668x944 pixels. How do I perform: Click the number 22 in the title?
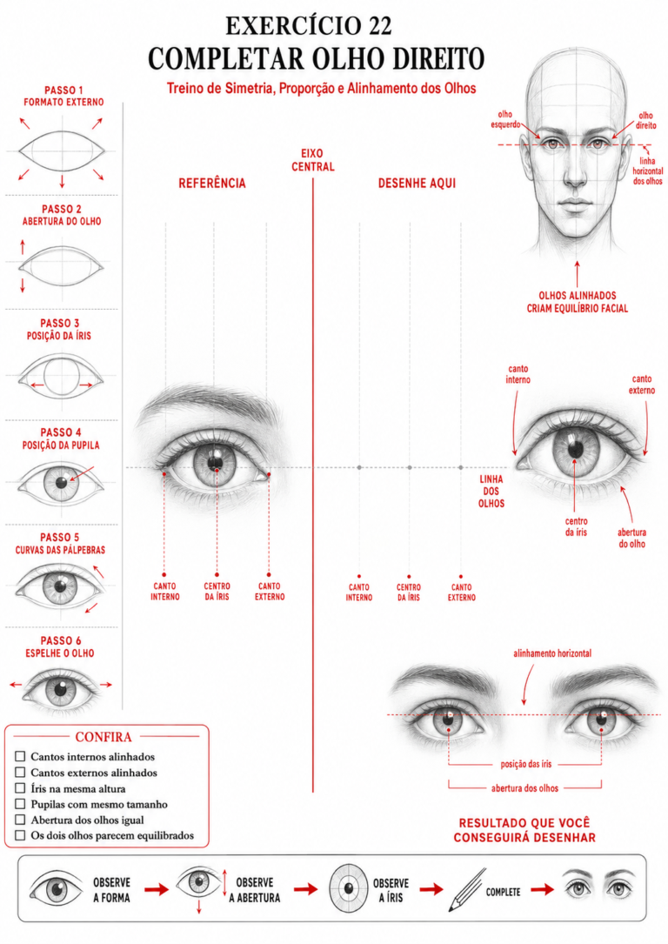(x=374, y=26)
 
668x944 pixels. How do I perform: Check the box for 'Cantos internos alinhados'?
(x=20, y=756)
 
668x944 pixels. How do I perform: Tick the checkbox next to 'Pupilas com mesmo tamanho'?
(x=20, y=804)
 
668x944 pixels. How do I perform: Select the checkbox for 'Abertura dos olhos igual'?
(x=20, y=820)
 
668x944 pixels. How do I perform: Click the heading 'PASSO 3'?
(x=59, y=324)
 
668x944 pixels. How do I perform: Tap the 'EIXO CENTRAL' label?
(x=313, y=160)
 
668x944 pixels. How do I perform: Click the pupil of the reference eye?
(x=215, y=463)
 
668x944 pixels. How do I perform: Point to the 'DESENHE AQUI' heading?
(x=417, y=183)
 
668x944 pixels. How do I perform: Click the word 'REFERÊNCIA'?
(x=212, y=183)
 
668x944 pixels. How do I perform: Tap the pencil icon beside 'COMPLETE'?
(x=467, y=890)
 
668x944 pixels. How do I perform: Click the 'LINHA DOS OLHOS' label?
(x=491, y=492)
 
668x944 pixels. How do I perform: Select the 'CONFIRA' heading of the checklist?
(x=104, y=737)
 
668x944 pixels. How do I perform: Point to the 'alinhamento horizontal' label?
(x=552, y=653)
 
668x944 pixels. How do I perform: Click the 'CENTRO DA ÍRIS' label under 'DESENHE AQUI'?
(x=409, y=593)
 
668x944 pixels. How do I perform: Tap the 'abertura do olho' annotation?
(x=631, y=539)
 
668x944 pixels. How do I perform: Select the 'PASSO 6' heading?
(x=61, y=640)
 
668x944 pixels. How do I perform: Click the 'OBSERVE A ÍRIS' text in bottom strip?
(x=391, y=890)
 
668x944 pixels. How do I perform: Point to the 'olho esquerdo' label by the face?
(x=505, y=119)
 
